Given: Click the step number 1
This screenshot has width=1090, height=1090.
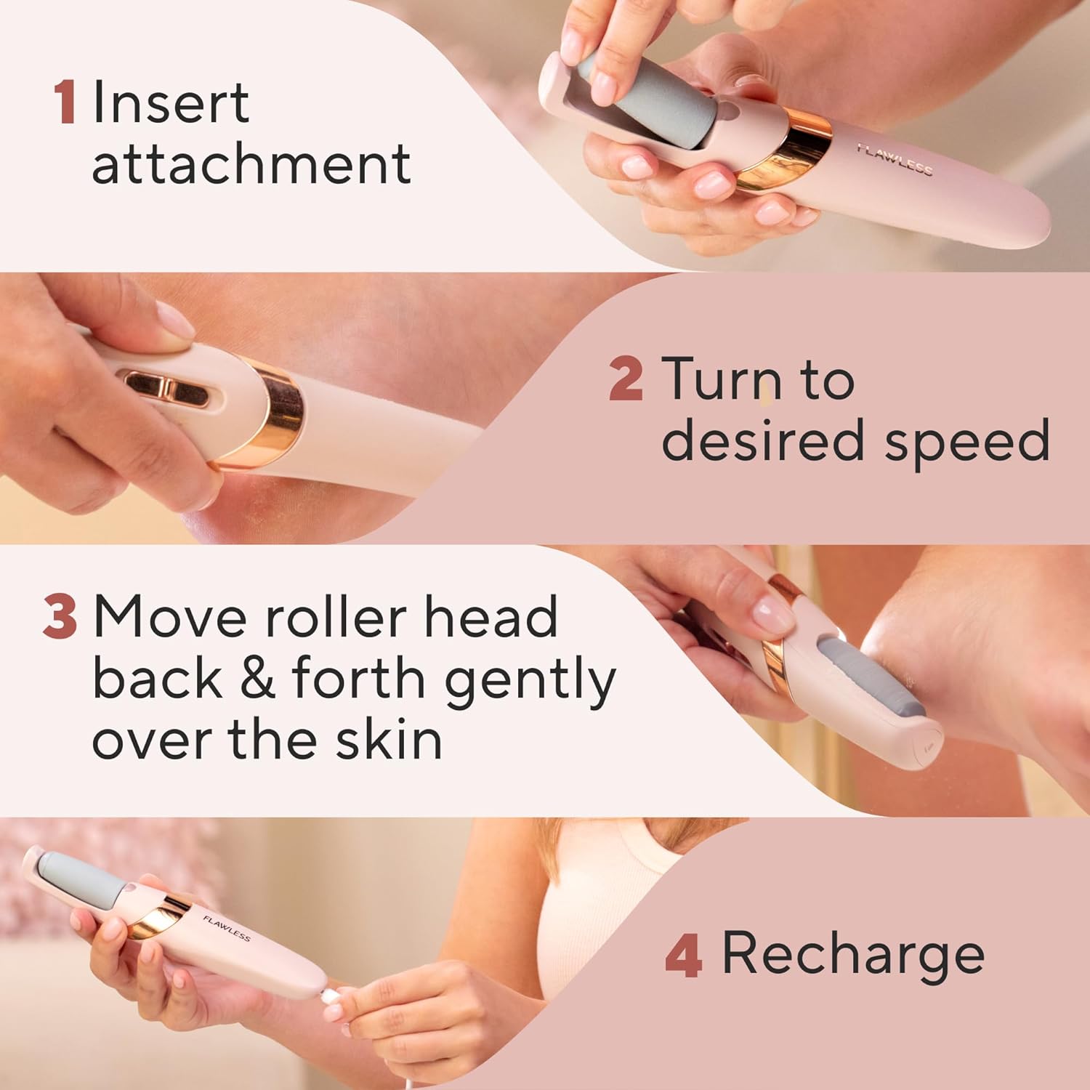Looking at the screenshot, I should pos(65,103).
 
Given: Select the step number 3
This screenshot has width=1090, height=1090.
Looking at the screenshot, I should pos(60,617).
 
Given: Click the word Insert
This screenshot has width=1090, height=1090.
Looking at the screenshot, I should pos(171,103).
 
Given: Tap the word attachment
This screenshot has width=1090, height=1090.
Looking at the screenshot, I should pos(251,164).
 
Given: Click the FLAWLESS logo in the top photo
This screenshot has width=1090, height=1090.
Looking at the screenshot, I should pos(895,159).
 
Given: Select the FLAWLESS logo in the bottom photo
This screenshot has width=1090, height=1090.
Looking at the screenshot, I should pos(227,928).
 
